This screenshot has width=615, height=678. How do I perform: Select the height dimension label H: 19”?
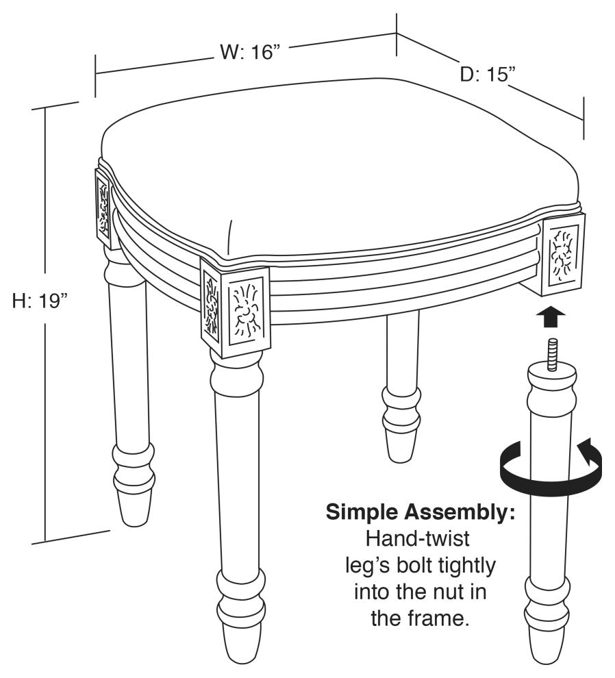click(x=40, y=301)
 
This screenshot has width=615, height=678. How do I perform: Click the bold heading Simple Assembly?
click(x=421, y=512)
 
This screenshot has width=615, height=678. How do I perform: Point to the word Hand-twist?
click(x=417, y=539)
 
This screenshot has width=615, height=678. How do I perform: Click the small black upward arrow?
click(x=551, y=317)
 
